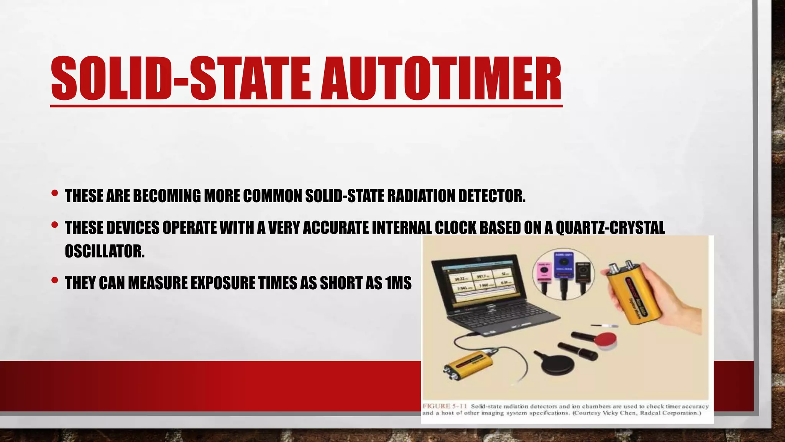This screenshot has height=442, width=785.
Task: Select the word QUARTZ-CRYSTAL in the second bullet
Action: [x=610, y=228]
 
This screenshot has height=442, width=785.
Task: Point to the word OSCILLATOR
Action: [x=105, y=251]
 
